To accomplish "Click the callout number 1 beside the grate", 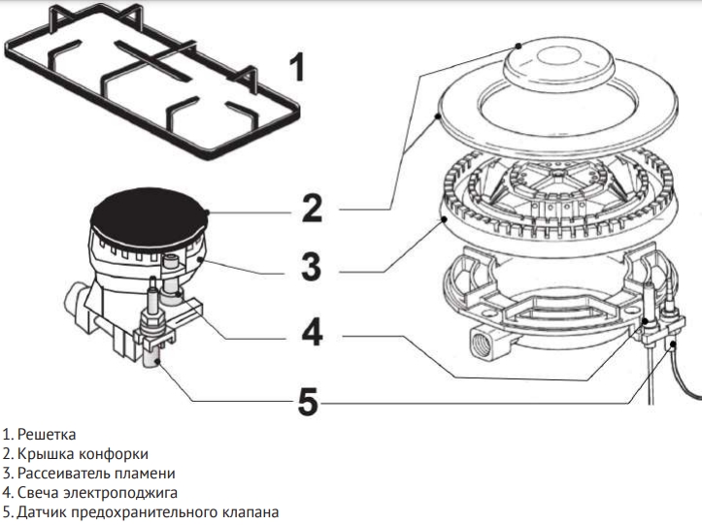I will pos(296,67).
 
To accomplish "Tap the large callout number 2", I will pos(310,209).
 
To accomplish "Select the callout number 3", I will pos(310,267).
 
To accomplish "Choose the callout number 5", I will pos(308,400).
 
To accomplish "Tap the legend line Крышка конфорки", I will pos(82,453).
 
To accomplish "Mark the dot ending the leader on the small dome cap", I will pos(520,45).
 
